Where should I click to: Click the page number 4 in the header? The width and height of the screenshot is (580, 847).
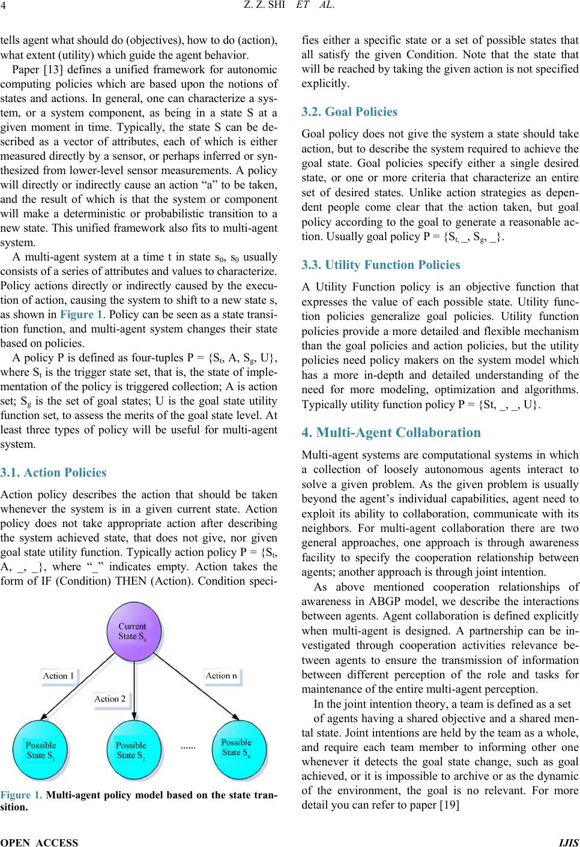[x=4, y=8]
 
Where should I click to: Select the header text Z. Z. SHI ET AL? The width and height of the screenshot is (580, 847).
[x=289, y=8]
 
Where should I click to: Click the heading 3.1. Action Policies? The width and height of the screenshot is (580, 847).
[x=53, y=472]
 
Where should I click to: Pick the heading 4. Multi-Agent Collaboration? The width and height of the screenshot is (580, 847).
[x=391, y=432]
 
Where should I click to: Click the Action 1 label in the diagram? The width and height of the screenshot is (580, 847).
[x=59, y=675]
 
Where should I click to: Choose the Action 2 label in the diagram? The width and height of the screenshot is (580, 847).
[x=110, y=698]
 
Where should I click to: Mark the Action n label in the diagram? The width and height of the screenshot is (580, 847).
[x=221, y=675]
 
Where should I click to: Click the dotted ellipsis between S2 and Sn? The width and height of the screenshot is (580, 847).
[x=188, y=748]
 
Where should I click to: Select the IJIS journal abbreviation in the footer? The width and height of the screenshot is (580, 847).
[x=569, y=842]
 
